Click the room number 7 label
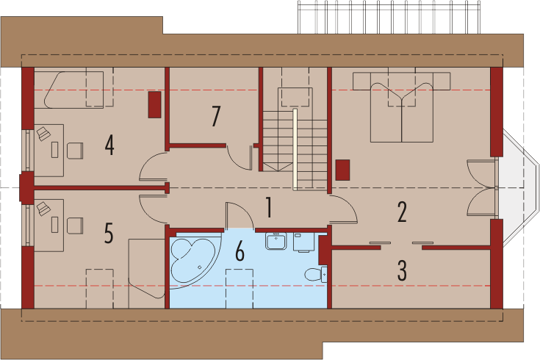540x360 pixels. click(x=216, y=116)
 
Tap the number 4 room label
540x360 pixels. click(x=109, y=145)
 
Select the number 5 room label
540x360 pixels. click(x=109, y=233)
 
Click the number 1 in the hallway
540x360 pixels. click(x=269, y=207)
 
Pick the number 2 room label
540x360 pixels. click(x=402, y=212)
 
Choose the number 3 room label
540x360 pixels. click(x=402, y=270)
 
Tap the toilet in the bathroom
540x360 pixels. click(x=316, y=274)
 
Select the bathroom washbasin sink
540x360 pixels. click(x=276, y=241)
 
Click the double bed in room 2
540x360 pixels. click(x=402, y=107)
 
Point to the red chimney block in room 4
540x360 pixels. click(x=154, y=105)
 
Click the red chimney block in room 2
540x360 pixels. click(x=342, y=170)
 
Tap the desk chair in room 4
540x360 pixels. click(x=75, y=151)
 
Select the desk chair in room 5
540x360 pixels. click(x=75, y=226)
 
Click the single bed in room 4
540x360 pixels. click(x=74, y=90)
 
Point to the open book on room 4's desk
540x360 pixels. click(x=44, y=133)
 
